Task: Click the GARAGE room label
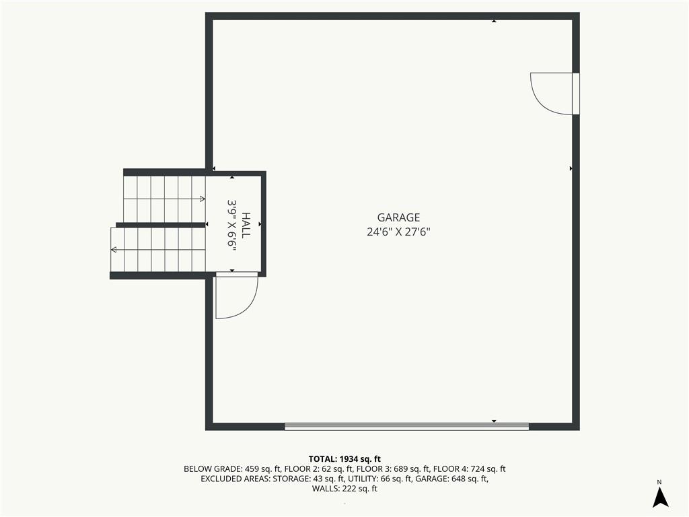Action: point(398,217)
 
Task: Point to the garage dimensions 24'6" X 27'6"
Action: point(398,232)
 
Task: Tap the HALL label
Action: point(246,226)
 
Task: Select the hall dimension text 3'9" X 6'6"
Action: point(232,226)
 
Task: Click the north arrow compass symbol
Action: point(660,497)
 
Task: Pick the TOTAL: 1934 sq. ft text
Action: point(344,459)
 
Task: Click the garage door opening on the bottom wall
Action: point(407,426)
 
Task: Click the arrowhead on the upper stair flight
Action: point(202,199)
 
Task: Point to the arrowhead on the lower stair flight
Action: point(113,250)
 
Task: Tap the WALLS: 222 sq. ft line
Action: point(344,489)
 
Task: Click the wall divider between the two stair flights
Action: point(161,225)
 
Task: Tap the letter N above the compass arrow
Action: point(659,482)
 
